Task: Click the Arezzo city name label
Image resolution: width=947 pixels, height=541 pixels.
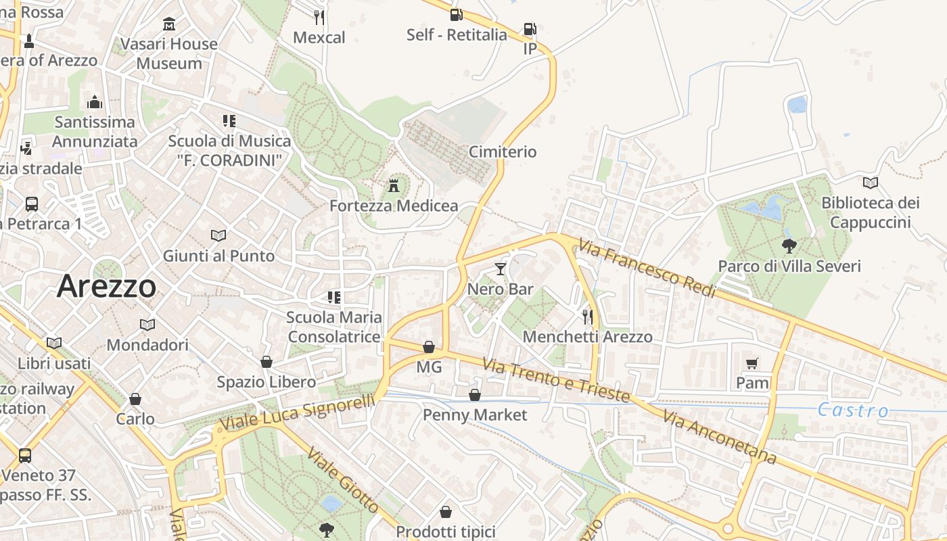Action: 106,286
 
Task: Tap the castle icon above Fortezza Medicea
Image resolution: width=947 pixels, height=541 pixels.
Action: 394,185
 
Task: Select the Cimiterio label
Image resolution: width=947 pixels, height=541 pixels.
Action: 502,151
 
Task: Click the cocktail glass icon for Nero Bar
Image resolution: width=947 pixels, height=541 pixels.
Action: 500,269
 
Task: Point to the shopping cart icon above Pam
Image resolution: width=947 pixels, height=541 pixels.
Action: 752,364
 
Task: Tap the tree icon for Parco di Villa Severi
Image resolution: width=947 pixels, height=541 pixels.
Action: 789,246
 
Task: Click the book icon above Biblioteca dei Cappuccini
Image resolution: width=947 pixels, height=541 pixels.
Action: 871,183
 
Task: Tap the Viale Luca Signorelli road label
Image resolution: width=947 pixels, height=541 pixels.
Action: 298,412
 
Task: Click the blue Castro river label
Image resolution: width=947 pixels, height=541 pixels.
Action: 853,410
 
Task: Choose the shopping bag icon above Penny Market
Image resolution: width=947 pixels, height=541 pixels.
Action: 475,394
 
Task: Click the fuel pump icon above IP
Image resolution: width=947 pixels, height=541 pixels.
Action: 530,29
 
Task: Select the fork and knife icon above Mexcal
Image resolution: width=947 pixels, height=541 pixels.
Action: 319,17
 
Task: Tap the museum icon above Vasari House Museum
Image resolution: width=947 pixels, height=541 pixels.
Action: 168,24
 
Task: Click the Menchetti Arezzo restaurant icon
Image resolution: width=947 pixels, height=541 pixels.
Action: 587,316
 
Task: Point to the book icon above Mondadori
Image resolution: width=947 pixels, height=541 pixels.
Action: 147,325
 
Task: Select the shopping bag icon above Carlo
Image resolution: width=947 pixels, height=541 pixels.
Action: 135,399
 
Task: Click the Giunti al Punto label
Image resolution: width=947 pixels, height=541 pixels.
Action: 218,256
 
